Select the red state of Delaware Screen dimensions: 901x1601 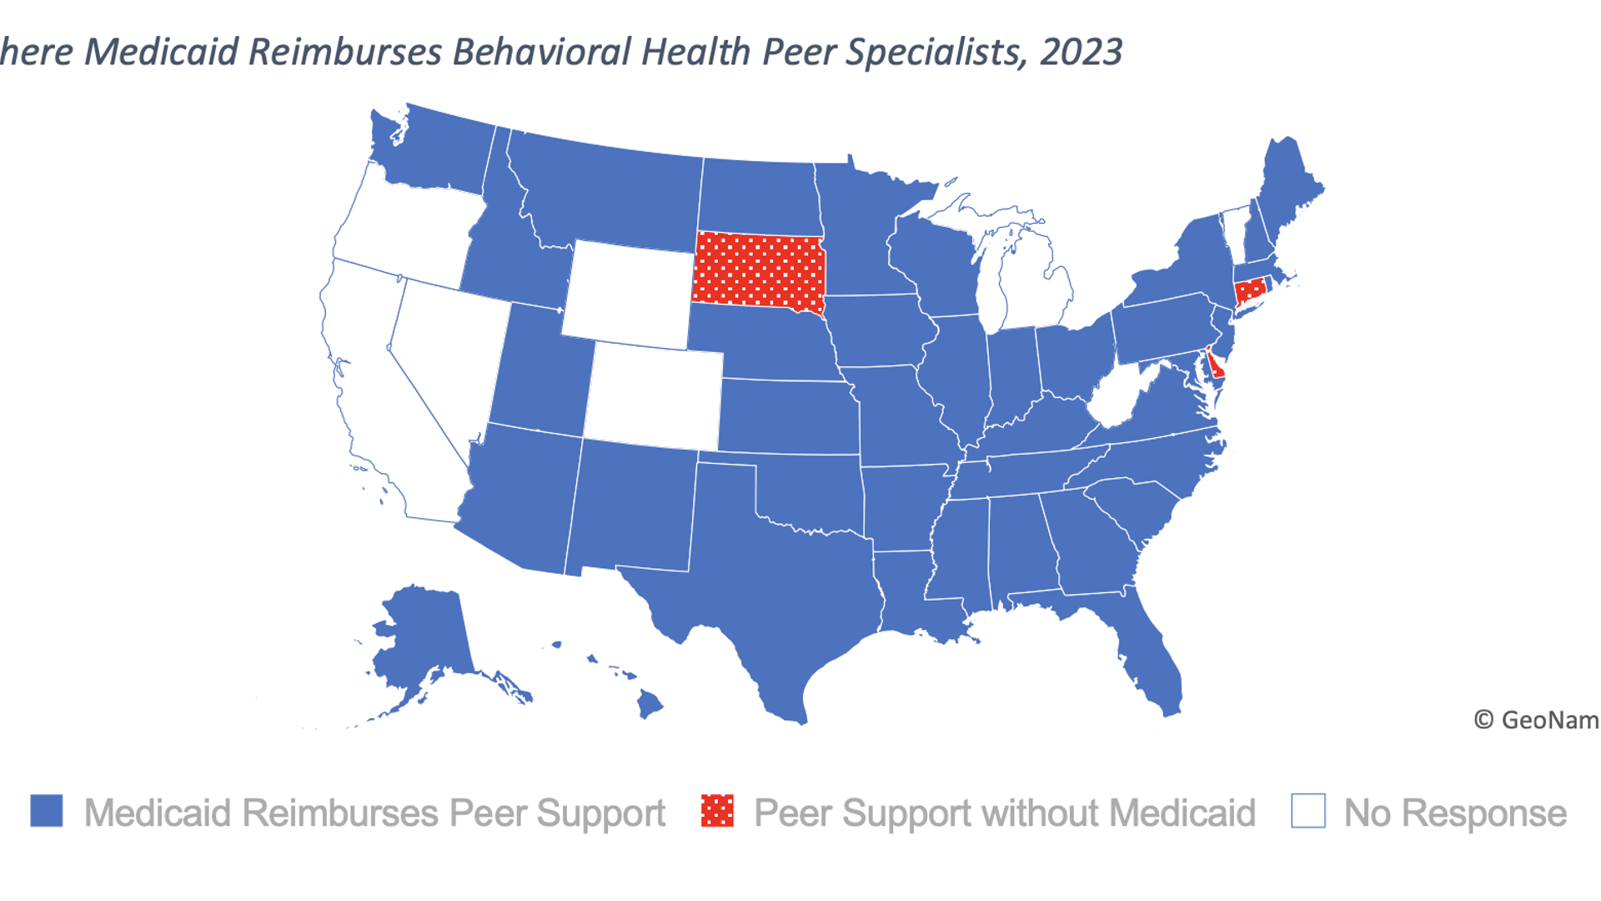(x=1217, y=366)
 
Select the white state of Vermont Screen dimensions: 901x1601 (x=1233, y=235)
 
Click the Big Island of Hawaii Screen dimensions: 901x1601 (x=650, y=705)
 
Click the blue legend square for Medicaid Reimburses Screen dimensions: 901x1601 (x=47, y=811)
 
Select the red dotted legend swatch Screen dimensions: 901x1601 (x=717, y=811)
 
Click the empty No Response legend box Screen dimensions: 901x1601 (x=1307, y=811)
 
